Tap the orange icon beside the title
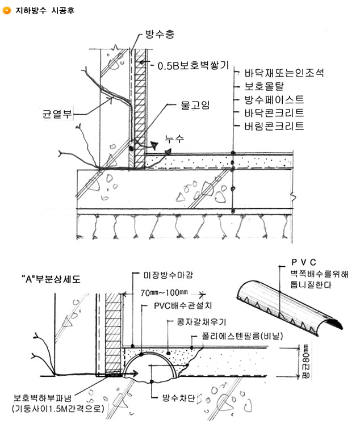point(7,9)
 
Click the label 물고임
point(194,105)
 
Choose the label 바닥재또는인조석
point(284,74)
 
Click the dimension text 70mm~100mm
point(164,293)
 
